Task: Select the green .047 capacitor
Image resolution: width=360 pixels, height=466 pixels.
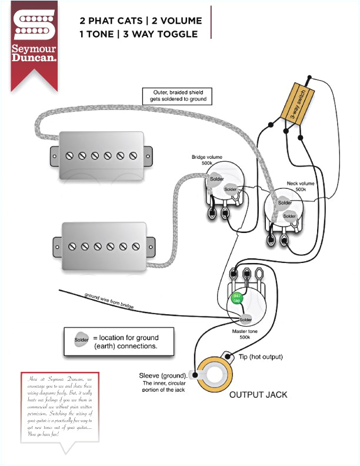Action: pos(236,298)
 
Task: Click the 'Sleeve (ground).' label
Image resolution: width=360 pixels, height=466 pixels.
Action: pos(163,375)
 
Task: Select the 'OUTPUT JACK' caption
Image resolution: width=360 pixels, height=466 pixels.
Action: pos(258,394)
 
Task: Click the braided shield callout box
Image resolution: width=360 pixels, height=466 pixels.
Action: pos(176,96)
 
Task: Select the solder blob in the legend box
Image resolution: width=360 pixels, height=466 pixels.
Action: pos(80,341)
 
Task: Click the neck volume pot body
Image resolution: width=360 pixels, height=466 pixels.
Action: pos(282,207)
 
